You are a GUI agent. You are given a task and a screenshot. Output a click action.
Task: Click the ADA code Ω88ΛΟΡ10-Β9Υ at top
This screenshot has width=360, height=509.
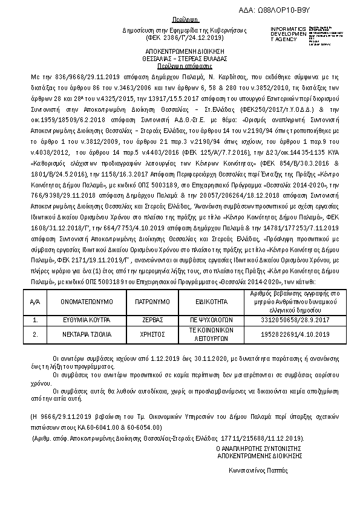[x=310, y=10]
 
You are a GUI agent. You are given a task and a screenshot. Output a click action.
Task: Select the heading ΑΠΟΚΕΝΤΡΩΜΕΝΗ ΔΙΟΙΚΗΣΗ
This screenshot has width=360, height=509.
[x=180, y=53]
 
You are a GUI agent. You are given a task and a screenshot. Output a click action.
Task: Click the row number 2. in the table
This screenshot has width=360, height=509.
[x=35, y=334]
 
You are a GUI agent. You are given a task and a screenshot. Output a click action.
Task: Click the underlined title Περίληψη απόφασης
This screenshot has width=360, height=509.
[x=180, y=65]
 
